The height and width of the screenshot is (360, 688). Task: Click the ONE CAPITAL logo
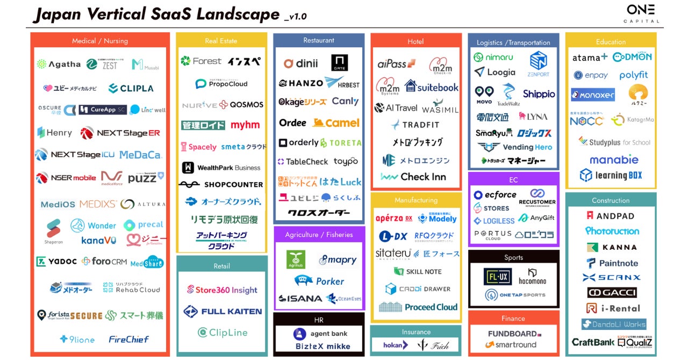point(641,13)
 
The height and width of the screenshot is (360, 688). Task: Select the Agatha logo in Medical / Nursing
point(59,64)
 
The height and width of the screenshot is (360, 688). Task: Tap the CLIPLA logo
point(131,88)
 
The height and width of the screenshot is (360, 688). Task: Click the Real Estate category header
point(221,40)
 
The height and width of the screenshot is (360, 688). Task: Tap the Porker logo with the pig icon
point(319,281)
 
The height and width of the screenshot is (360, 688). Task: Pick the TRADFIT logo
point(415,125)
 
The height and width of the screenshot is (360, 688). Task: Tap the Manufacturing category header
point(416,200)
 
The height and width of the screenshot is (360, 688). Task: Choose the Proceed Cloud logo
point(418,307)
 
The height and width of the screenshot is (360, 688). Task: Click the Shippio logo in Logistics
point(539,94)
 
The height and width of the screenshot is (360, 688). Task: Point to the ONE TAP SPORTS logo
point(515,294)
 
